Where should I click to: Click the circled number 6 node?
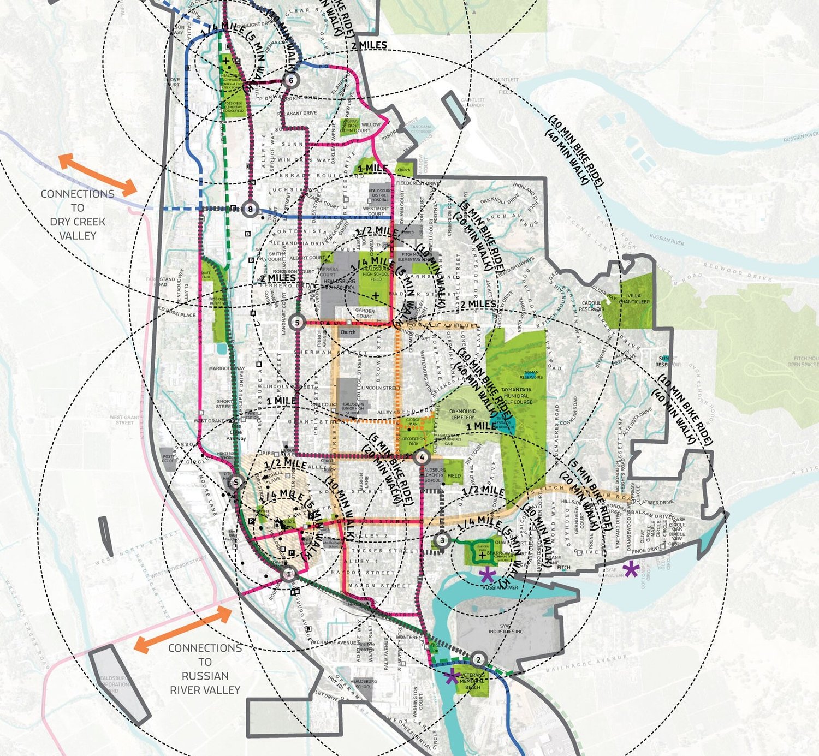point(291,80)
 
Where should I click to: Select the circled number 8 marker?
point(250,209)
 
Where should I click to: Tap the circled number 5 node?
point(297,323)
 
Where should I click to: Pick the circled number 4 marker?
point(421,457)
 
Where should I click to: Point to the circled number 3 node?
point(442,541)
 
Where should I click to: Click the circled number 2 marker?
point(478,660)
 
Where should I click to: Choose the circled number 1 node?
point(289,574)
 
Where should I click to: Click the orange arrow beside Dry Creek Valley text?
point(97,175)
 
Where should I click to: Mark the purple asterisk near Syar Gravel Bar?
point(631,570)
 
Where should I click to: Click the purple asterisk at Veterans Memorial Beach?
point(452,677)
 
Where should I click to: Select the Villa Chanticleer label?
point(634,299)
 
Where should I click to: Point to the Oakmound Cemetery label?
point(462,414)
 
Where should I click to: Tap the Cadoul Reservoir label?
point(591,306)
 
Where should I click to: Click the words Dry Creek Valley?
point(78,229)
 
